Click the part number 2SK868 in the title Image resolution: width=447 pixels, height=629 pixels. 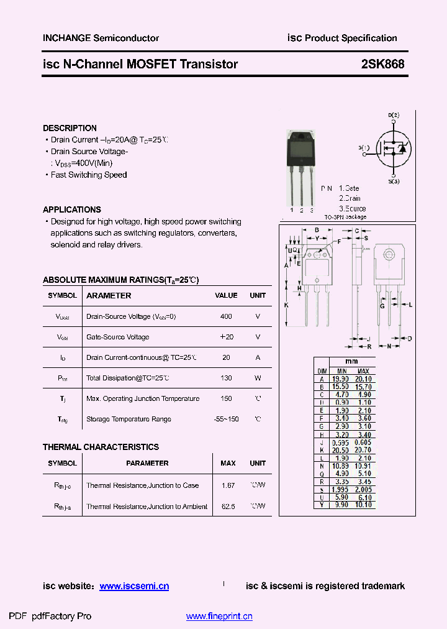coord(382,64)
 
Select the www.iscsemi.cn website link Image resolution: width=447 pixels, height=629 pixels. coord(134,586)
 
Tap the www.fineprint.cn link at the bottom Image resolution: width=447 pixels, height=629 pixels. coord(219,617)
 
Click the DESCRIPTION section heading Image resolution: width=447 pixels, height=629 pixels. coord(70,128)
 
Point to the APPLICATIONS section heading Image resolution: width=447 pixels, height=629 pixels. coord(72,210)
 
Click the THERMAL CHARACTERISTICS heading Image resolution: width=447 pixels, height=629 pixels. coord(101,447)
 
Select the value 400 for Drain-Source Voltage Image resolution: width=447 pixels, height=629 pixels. coord(226,316)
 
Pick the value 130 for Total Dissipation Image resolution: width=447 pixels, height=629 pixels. coord(226,378)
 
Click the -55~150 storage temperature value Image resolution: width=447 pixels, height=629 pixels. coord(226,419)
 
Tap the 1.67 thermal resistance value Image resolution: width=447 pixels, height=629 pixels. coord(228,485)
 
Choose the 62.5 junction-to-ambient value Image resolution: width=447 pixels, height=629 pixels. coord(228,507)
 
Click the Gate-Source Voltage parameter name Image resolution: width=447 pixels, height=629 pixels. coord(118,337)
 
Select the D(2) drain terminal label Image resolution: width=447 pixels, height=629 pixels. coord(394,115)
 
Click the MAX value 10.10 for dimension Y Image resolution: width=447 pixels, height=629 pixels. coord(364,505)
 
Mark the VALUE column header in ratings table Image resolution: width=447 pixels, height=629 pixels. coord(226,296)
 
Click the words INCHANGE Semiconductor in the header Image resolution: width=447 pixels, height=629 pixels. coord(101,38)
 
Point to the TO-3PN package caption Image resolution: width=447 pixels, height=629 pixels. coord(345,217)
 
